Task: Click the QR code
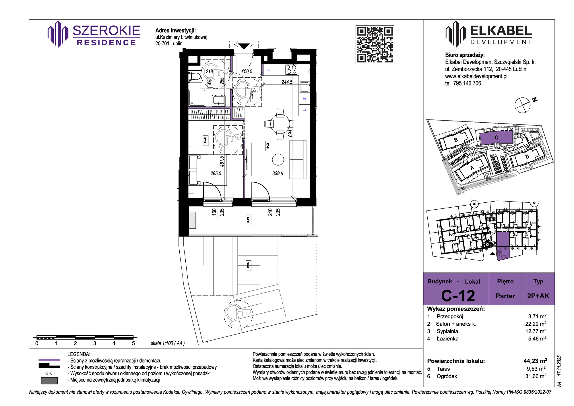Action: pos(375,45)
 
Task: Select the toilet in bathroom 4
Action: pos(195,76)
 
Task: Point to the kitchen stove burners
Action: pos(291,69)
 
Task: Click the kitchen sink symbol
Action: pos(305,87)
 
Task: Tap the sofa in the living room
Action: pos(298,160)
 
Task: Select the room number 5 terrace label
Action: pos(248,220)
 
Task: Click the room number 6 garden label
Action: pos(248,265)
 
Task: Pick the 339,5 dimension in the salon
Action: pos(278,173)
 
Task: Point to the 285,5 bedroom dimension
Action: pos(216,173)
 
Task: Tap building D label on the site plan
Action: pos(527,157)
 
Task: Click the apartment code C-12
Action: pos(458,296)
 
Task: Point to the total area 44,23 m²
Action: pos(535,361)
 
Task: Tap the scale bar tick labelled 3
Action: pos(95,343)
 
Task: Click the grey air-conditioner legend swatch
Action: pos(49,380)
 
